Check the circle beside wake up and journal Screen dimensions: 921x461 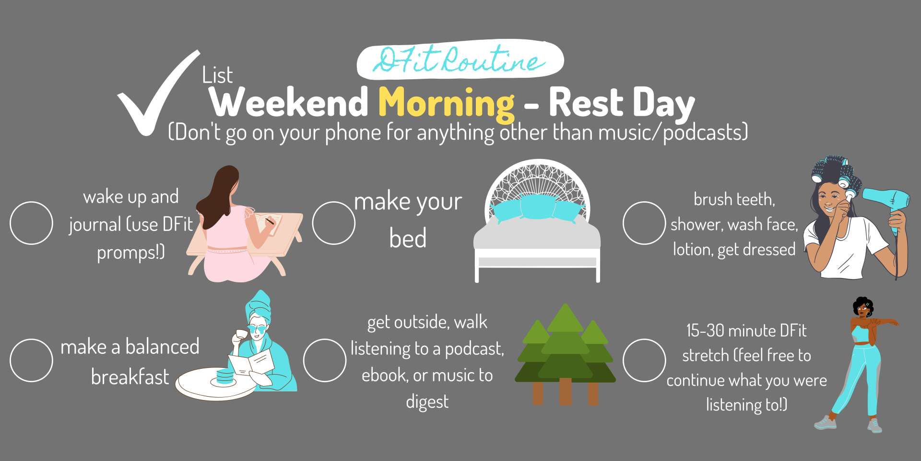coord(31,223)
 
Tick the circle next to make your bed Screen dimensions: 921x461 coord(333,223)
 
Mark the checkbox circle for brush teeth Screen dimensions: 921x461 coord(644,223)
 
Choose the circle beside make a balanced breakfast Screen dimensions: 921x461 coord(31,360)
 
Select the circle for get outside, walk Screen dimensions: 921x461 coord(324,360)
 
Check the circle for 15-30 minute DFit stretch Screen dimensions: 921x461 coord(644,360)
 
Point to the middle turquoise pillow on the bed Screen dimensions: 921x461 coord(537,207)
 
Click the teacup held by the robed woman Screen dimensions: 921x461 coord(239,334)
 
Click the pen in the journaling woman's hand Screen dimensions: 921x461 coord(269,221)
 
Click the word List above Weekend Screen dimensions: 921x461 coord(217,75)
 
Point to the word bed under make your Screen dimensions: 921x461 coord(408,238)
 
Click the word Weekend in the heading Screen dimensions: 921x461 coord(289,102)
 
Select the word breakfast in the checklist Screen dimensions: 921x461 coord(130,377)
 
